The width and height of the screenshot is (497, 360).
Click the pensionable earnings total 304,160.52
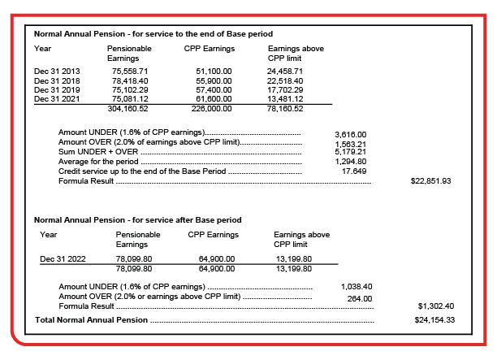(x=128, y=107)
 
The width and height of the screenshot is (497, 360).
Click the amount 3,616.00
(x=350, y=133)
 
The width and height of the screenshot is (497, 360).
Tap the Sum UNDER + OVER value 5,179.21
(x=350, y=150)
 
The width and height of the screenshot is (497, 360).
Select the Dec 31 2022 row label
(x=60, y=258)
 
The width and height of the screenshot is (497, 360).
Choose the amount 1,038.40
(x=356, y=287)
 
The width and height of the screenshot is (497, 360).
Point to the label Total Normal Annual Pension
(x=91, y=320)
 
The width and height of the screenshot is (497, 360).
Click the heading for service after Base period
(x=137, y=220)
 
